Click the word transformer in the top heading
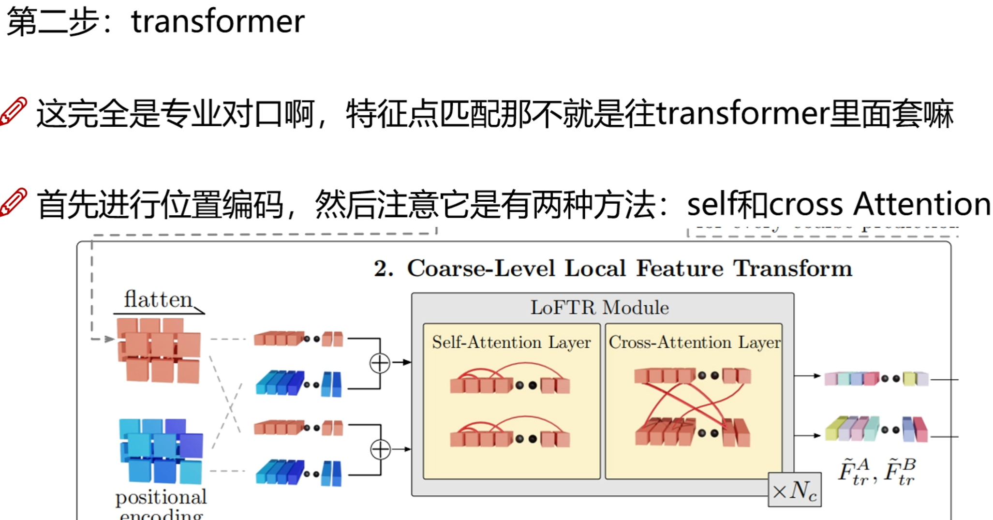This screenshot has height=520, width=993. coord(218,22)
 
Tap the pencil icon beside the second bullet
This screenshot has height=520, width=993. coord(14,202)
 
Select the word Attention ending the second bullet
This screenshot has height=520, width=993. coord(922,204)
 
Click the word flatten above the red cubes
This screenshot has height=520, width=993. coord(158,299)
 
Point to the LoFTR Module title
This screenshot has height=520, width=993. coord(600,308)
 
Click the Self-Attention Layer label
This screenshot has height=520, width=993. coord(511,342)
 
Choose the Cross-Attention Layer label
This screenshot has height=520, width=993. coord(694,342)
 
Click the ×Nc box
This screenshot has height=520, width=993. coord(795,490)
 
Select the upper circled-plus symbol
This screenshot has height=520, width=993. coord(380,363)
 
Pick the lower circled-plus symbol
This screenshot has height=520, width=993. coord(380,449)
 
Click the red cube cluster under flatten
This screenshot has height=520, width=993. coord(159,350)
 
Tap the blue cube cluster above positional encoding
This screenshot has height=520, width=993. coord(161,451)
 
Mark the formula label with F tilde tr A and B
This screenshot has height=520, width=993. coord(876,472)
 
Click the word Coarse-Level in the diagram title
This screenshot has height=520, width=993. coord(481,268)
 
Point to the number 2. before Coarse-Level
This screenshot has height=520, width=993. coord(384,269)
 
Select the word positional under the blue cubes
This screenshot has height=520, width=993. coord(161,497)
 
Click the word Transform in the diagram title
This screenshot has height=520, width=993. coord(792,268)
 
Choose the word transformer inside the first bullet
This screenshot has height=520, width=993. coord(742,114)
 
